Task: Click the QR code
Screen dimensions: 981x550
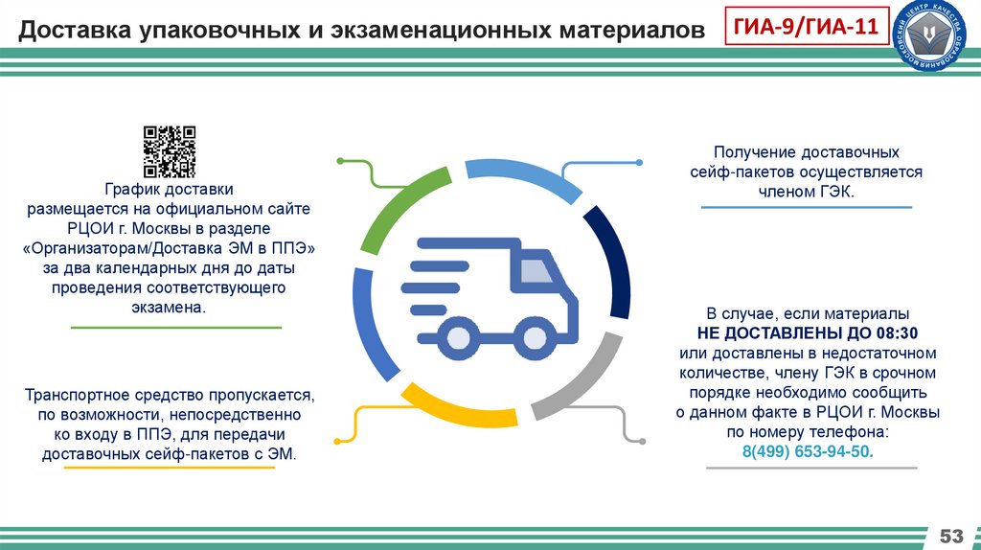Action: (170, 152)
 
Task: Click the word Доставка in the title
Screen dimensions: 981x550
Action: (76, 32)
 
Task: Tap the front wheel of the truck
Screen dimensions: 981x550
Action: (532, 337)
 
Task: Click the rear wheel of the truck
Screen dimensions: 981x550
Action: (454, 337)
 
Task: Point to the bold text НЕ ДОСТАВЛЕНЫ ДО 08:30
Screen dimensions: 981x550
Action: (808, 332)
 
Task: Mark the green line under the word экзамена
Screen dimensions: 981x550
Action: (177, 328)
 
